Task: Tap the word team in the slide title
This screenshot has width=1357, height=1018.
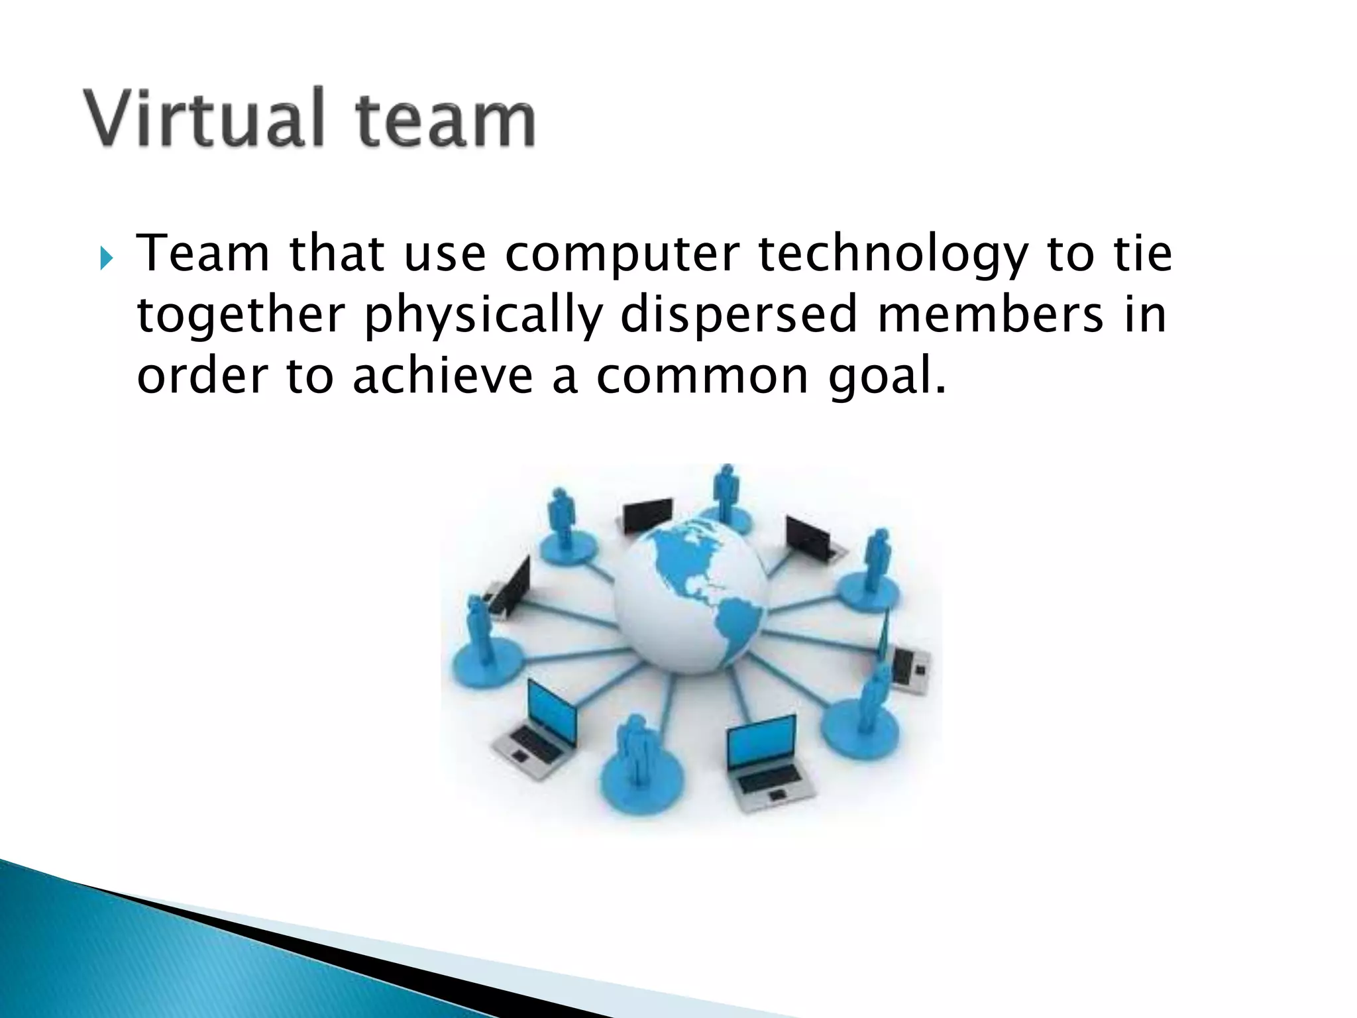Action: coord(445,121)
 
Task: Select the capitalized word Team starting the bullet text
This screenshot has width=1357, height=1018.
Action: coord(203,254)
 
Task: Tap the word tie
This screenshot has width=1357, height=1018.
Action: coord(1142,254)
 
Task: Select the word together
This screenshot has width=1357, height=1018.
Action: coord(241,316)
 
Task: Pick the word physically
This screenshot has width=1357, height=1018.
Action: coord(484,316)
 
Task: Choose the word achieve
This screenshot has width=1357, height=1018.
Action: coord(443,376)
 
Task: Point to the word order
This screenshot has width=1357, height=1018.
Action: coord(201,376)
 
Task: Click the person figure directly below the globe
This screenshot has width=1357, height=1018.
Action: coord(637,756)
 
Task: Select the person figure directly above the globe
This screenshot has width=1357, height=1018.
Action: coord(726,494)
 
